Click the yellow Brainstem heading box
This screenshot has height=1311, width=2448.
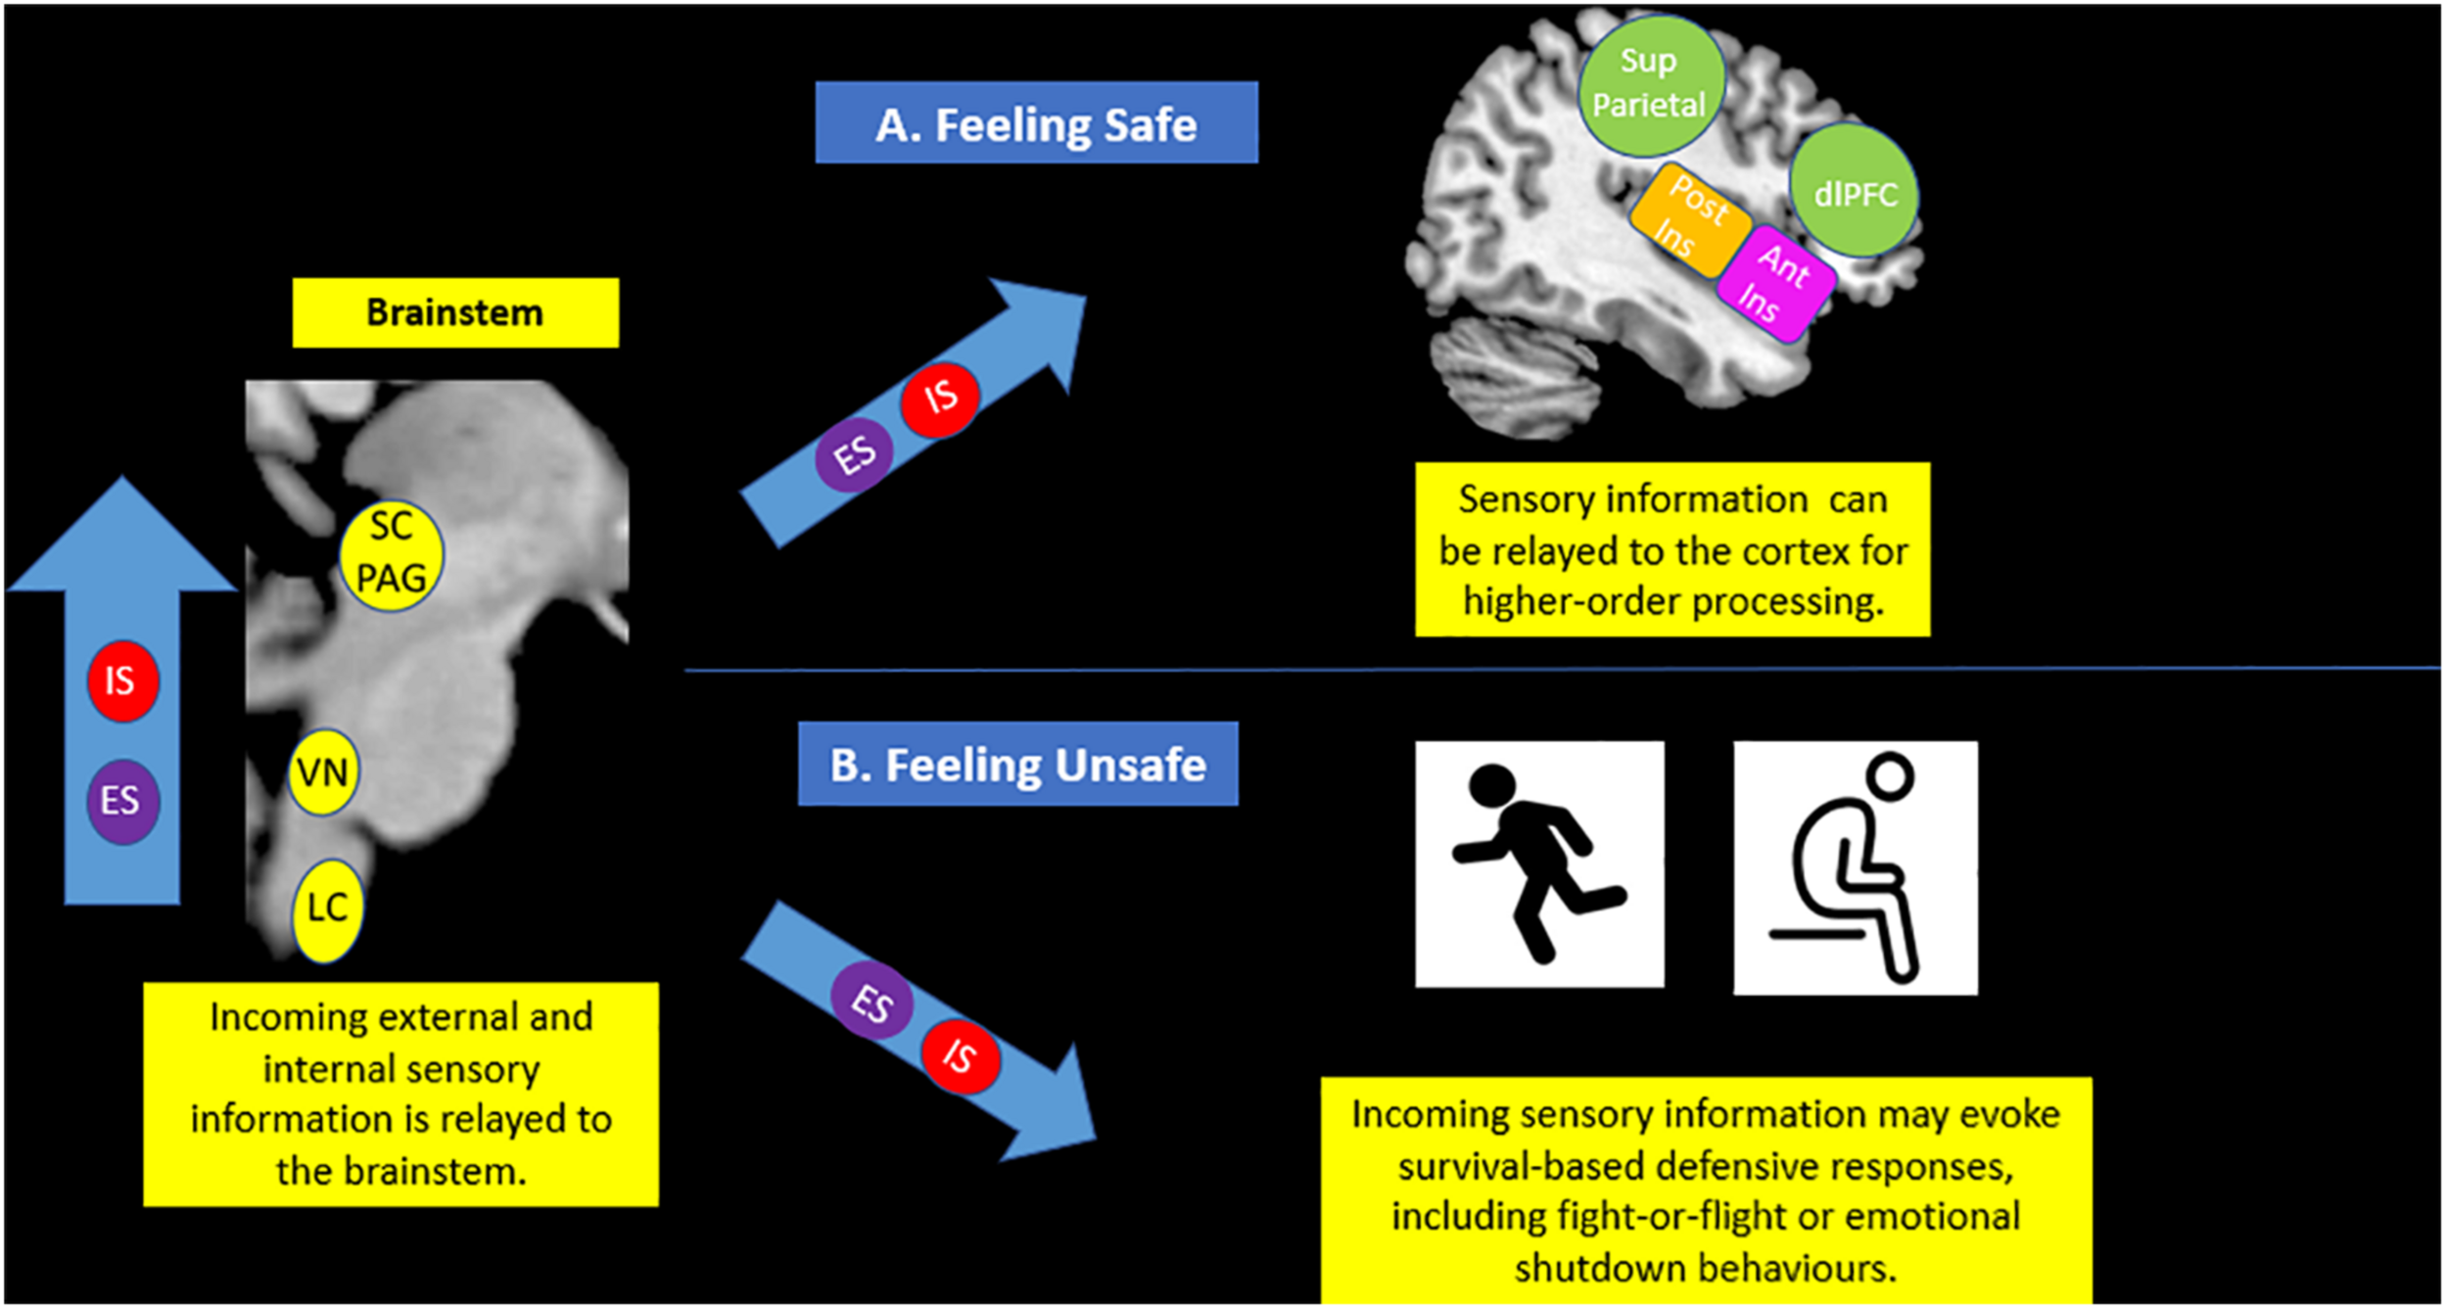[x=455, y=312]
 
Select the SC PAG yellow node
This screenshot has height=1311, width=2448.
[x=391, y=555]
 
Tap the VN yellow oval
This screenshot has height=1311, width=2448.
[x=323, y=773]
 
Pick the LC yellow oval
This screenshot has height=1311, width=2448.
[x=327, y=910]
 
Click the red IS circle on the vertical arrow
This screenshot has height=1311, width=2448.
[x=122, y=680]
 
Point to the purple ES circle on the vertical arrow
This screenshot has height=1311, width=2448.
[x=122, y=801]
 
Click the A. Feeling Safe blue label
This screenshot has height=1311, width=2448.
[x=1036, y=123]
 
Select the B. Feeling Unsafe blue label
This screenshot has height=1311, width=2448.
[x=1017, y=764]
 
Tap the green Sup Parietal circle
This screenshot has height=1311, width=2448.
[x=1651, y=84]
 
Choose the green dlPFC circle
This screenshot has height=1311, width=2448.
[x=1854, y=193]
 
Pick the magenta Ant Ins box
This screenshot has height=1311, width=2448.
[x=1774, y=284]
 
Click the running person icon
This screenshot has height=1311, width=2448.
[x=1539, y=864]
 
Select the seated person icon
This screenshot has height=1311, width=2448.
[x=1855, y=867]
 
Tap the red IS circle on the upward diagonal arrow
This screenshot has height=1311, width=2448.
[x=940, y=398]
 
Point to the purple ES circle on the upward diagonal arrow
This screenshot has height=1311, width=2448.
[x=854, y=454]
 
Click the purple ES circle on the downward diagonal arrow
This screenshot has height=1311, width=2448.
[x=871, y=1003]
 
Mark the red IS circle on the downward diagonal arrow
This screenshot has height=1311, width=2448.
[x=960, y=1055]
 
